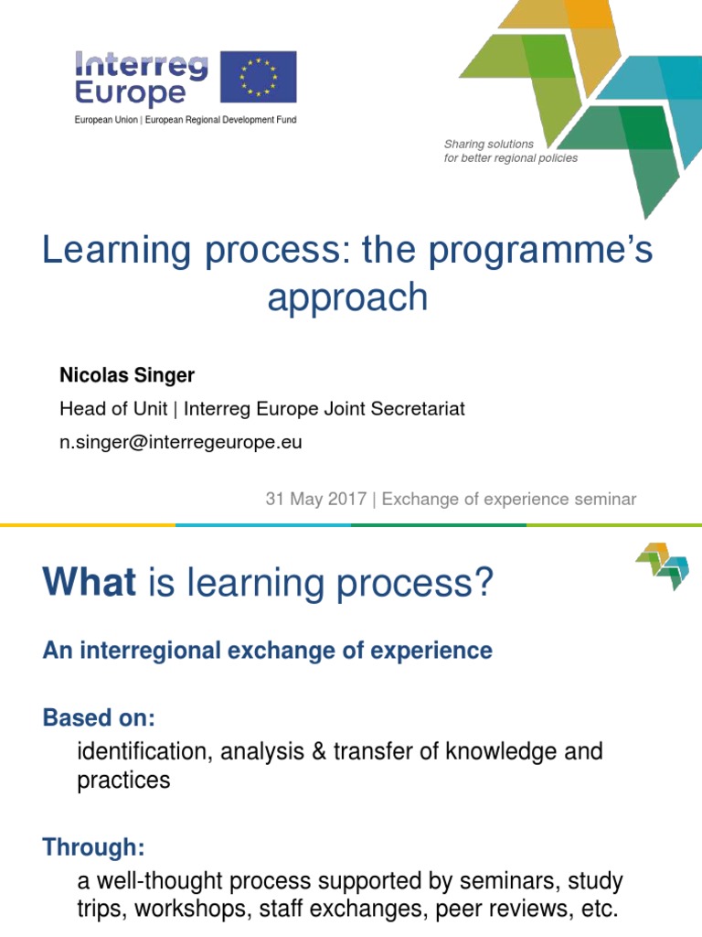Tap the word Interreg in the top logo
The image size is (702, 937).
pos(141,65)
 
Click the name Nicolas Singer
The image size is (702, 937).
pos(127,375)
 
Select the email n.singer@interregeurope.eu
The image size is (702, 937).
pos(181,443)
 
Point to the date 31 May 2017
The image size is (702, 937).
pos(315,499)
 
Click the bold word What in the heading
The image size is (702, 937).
pos(90,582)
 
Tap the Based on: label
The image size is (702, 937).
pos(99,717)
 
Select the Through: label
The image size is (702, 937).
pos(94,847)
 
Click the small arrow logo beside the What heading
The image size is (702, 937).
pos(662,565)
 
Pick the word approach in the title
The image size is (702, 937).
pos(347,297)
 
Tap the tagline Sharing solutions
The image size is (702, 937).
pos(489,144)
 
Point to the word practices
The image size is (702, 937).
pos(124,781)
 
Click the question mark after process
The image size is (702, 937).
pos(482,582)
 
